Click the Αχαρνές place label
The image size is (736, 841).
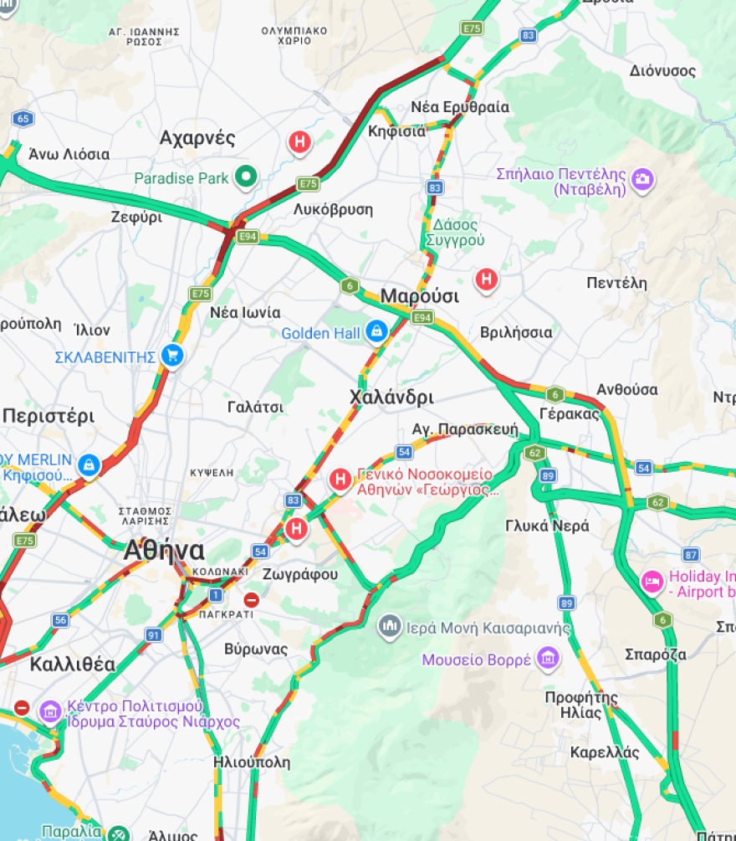(197, 138)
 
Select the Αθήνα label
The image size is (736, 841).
(164, 551)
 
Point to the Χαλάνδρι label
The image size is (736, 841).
(391, 397)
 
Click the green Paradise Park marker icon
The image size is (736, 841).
(246, 177)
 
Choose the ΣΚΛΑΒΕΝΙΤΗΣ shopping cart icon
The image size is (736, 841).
(173, 356)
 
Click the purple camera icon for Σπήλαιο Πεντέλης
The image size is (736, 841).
(642, 180)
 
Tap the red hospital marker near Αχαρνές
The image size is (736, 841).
(299, 142)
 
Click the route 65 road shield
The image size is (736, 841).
(23, 119)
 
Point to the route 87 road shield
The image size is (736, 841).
(690, 554)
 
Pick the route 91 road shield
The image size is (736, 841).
(153, 635)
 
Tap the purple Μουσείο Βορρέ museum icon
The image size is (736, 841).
(548, 659)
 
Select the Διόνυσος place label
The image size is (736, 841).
(662, 70)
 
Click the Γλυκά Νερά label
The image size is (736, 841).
(547, 526)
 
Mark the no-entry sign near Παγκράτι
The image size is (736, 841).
(251, 600)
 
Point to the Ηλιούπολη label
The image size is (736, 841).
(251, 762)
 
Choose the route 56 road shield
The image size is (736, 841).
(59, 620)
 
